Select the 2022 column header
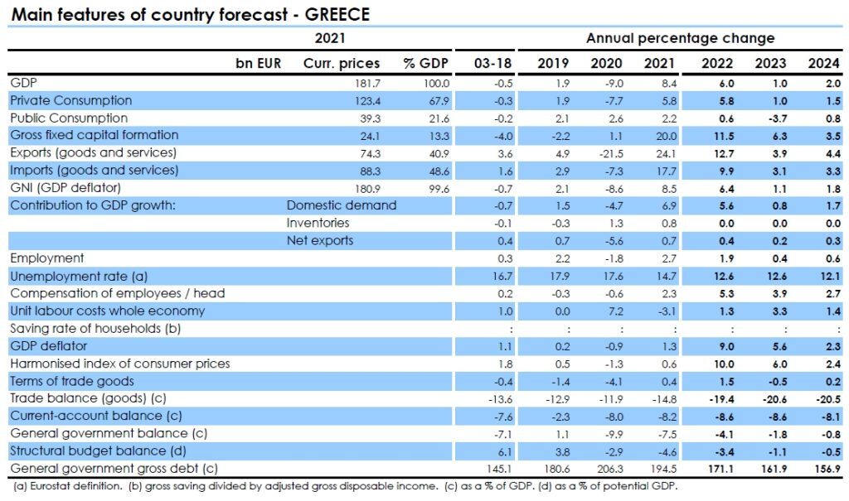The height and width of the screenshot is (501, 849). click(x=716, y=63)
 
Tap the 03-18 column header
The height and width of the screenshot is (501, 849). click(x=492, y=63)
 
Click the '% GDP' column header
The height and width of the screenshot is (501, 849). click(x=426, y=63)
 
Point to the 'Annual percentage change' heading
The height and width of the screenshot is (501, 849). click(x=680, y=38)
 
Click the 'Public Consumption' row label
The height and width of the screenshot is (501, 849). click(x=69, y=118)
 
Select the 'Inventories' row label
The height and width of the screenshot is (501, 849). click(x=318, y=223)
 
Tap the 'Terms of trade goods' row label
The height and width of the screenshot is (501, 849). click(x=71, y=380)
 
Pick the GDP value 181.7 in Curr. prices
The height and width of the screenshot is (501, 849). click(x=366, y=83)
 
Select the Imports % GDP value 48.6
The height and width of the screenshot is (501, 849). click(x=437, y=171)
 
